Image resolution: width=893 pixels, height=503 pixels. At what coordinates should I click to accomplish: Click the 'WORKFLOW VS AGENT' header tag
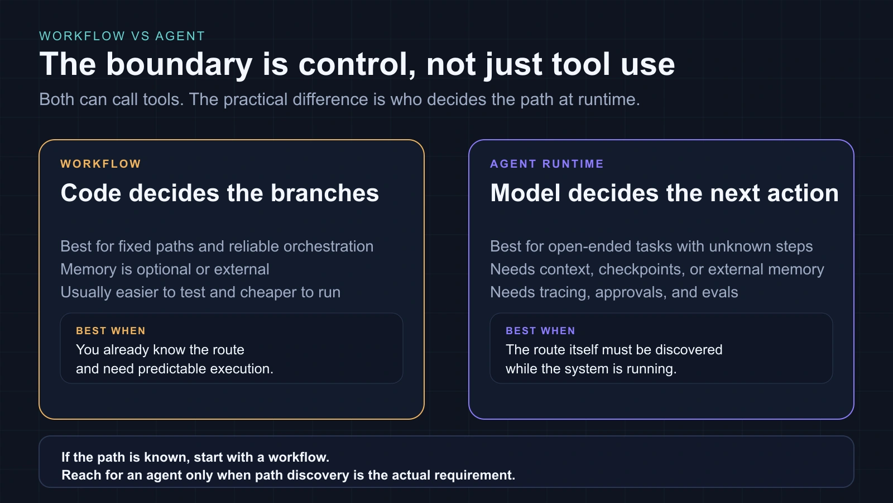coord(122,36)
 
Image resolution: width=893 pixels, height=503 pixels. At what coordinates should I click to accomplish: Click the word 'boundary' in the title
coord(179,64)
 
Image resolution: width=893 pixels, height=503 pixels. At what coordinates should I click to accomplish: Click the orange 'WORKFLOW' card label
coord(100,164)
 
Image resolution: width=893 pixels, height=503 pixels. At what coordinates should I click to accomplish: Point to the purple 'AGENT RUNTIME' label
coord(546,164)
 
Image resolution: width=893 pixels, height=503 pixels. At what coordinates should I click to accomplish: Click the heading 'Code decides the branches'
coord(219,193)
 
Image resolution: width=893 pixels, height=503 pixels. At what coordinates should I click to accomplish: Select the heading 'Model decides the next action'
coord(664,193)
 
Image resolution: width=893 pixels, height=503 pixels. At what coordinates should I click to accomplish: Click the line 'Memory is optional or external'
coord(165,269)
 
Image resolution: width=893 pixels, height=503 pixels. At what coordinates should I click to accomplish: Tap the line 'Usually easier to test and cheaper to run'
coord(200,292)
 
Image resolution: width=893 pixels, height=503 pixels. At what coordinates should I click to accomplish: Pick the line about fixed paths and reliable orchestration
coord(217,246)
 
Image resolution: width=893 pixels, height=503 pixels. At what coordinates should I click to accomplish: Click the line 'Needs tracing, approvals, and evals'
coord(614,292)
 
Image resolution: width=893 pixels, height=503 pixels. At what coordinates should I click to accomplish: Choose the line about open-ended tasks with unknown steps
coord(651,246)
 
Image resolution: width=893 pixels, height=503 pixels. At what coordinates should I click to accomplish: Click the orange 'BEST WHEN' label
coord(111,331)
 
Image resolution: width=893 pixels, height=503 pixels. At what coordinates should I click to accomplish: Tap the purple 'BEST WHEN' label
coord(540,331)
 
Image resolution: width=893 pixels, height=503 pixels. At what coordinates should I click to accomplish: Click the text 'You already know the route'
coord(160,350)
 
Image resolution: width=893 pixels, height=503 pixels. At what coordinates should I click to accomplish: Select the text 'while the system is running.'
coord(590,369)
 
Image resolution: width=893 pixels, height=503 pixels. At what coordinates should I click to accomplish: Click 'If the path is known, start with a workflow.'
coord(195,457)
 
